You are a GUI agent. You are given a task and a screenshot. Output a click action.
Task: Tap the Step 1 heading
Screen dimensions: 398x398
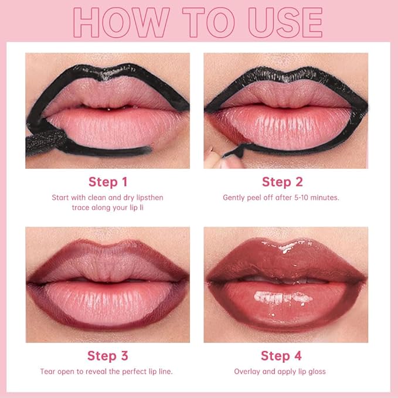[x=107, y=182]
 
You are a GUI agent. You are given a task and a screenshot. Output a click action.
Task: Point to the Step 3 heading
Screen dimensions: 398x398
[x=107, y=356]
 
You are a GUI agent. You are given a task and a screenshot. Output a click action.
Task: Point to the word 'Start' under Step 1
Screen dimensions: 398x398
[x=62, y=198]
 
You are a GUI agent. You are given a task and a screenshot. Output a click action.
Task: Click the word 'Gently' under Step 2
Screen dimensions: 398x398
[x=234, y=198]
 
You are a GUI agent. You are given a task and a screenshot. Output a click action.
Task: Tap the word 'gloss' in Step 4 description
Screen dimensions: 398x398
[x=315, y=372]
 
